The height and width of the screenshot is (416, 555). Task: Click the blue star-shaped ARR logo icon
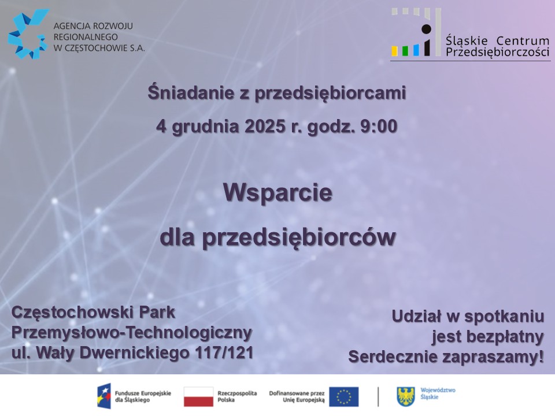(x=28, y=34)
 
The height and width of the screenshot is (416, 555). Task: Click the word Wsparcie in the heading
(x=278, y=193)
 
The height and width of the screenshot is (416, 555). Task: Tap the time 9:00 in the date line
(x=379, y=127)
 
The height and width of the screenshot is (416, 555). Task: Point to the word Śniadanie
(x=191, y=92)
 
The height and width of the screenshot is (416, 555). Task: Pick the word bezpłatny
(x=488, y=337)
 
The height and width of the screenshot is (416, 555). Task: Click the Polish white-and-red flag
(x=198, y=396)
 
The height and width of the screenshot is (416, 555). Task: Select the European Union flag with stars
(x=343, y=396)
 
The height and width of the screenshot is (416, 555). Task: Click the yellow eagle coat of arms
(x=406, y=396)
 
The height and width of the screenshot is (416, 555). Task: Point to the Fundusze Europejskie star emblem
(x=104, y=396)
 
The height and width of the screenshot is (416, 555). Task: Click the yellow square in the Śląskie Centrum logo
(x=395, y=51)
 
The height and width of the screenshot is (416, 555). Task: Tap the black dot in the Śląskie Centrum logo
(x=426, y=29)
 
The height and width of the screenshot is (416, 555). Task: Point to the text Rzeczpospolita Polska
(x=237, y=396)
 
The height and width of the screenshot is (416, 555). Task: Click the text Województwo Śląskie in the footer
(x=438, y=393)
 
